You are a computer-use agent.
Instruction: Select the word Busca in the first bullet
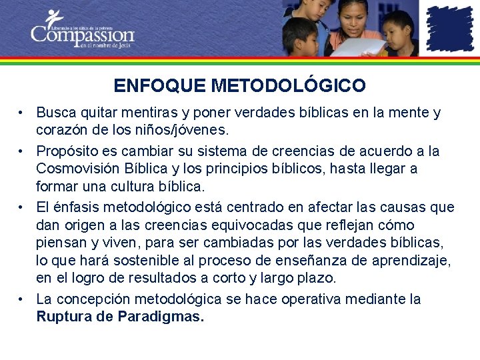pos(55,113)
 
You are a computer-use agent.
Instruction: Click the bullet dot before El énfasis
pos(22,207)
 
